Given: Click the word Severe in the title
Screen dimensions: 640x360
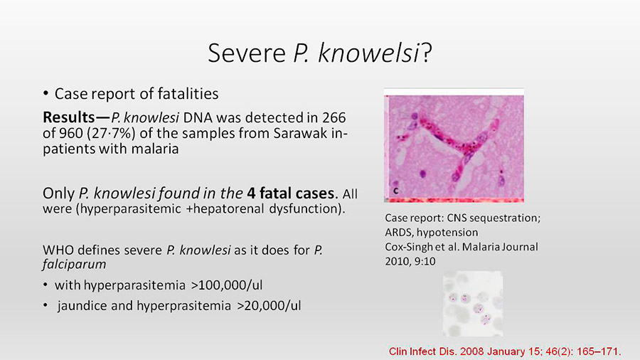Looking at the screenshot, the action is [x=247, y=53].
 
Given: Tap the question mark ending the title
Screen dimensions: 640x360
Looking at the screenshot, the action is [x=427, y=53].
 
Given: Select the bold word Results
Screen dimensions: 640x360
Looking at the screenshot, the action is [x=68, y=117].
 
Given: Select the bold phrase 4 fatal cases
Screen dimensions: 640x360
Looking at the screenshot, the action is [x=292, y=193].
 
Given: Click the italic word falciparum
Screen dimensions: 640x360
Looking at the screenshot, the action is [x=74, y=265].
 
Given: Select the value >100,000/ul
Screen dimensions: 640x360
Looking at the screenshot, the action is [x=227, y=285].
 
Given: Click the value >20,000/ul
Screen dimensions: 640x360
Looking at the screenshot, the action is [x=269, y=306].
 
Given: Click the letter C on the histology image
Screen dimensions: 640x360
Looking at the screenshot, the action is [x=395, y=191].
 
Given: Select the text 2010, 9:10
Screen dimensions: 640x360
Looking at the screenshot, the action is [x=410, y=261].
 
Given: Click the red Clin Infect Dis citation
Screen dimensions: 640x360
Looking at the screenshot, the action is [x=504, y=351].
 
